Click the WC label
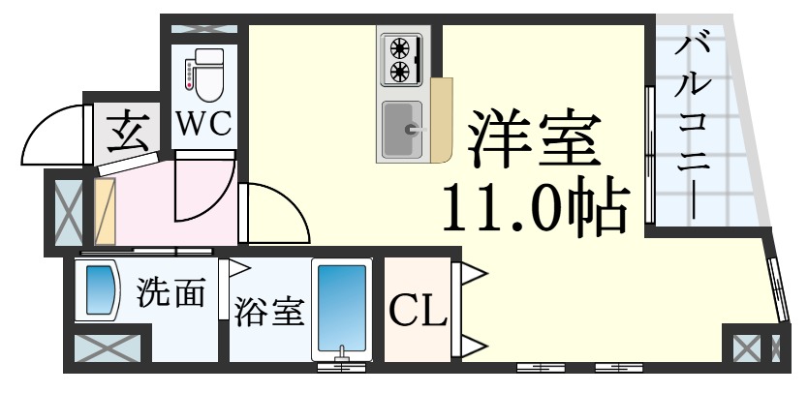[204, 124]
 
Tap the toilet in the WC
[205, 75]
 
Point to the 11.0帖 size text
[536, 205]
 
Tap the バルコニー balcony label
[689, 126]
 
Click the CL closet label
[418, 310]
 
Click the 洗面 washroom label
[171, 292]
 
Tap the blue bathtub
[342, 308]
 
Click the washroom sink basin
[99, 290]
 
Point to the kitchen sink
[402, 130]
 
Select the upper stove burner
[400, 48]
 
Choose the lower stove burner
[400, 71]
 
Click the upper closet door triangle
[474, 274]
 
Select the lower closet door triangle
[474, 347]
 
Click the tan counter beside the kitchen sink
[442, 119]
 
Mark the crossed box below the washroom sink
[108, 348]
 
